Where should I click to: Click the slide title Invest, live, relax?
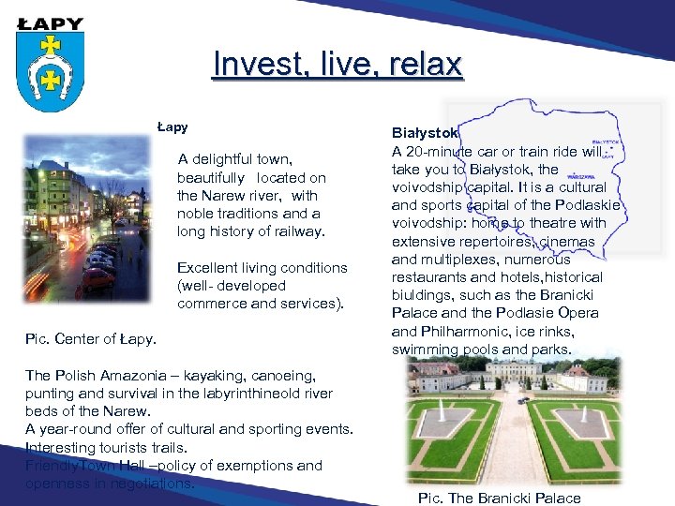[337, 65]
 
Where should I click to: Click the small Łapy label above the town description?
[172, 126]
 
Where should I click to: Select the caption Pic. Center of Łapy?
[91, 338]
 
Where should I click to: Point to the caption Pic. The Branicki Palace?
[499, 498]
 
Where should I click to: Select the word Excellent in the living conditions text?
[208, 268]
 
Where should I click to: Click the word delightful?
[242, 159]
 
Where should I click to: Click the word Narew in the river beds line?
[127, 411]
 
